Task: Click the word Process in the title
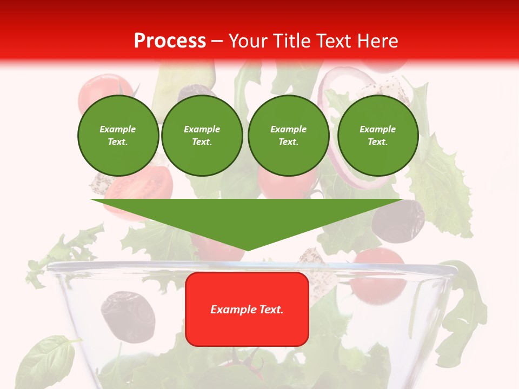[170, 41]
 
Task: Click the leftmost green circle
[118, 136]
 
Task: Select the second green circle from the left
[202, 136]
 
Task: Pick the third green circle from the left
[288, 136]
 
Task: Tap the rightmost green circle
[377, 136]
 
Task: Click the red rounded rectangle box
[247, 309]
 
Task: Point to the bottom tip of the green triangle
[247, 250]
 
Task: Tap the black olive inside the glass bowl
[128, 316]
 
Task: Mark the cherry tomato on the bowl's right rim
[378, 273]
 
